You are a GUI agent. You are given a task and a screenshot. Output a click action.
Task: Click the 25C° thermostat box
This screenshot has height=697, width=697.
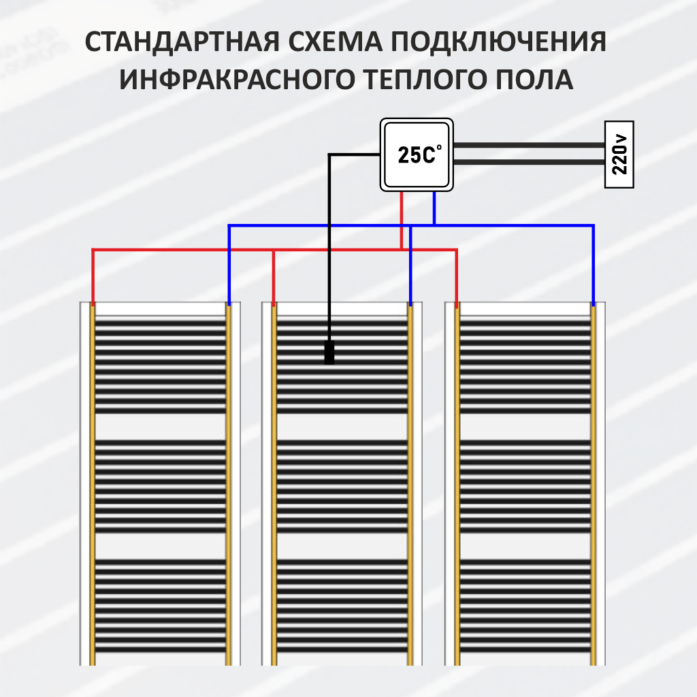click(416, 155)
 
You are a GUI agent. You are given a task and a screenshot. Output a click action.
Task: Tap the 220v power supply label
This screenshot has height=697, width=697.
click(619, 155)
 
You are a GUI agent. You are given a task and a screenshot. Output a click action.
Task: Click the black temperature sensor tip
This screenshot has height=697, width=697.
click(329, 352)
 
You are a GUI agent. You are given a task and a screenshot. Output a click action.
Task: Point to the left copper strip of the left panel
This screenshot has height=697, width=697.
click(93, 483)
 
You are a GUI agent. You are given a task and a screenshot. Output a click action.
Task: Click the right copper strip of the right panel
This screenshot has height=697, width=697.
click(593, 483)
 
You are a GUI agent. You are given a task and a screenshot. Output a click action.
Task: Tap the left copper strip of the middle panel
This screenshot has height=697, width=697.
click(274, 483)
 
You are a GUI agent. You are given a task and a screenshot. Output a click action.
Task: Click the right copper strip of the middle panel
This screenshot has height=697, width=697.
click(410, 483)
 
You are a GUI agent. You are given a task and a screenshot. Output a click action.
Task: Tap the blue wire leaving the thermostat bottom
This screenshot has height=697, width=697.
click(434, 208)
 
